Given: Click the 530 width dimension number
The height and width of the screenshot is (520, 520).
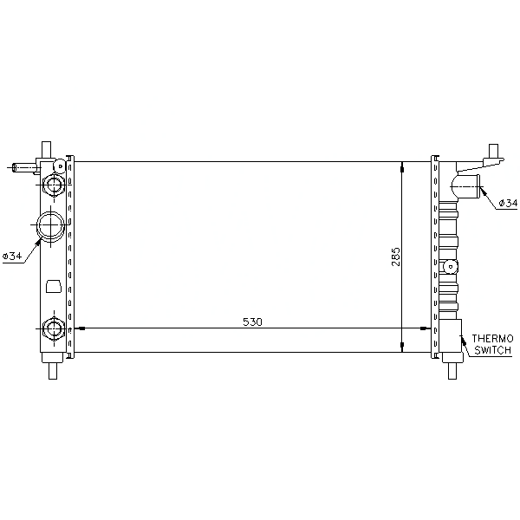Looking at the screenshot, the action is (252, 322).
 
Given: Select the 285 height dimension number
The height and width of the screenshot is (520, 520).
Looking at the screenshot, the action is (396, 257).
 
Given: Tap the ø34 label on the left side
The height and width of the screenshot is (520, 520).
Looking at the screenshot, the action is (12, 256).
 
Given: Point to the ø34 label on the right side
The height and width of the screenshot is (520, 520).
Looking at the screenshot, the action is (508, 202).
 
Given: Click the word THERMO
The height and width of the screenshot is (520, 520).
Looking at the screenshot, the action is (493, 339).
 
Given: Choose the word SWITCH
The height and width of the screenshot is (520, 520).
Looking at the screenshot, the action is (492, 350).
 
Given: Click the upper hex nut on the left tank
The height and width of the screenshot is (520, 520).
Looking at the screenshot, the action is (54, 185).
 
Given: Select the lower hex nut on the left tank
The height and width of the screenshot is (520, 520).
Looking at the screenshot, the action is (54, 328).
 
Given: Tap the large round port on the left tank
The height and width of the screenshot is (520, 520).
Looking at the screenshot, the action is (50, 225).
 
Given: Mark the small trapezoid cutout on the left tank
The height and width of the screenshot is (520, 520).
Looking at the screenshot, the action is (54, 286).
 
